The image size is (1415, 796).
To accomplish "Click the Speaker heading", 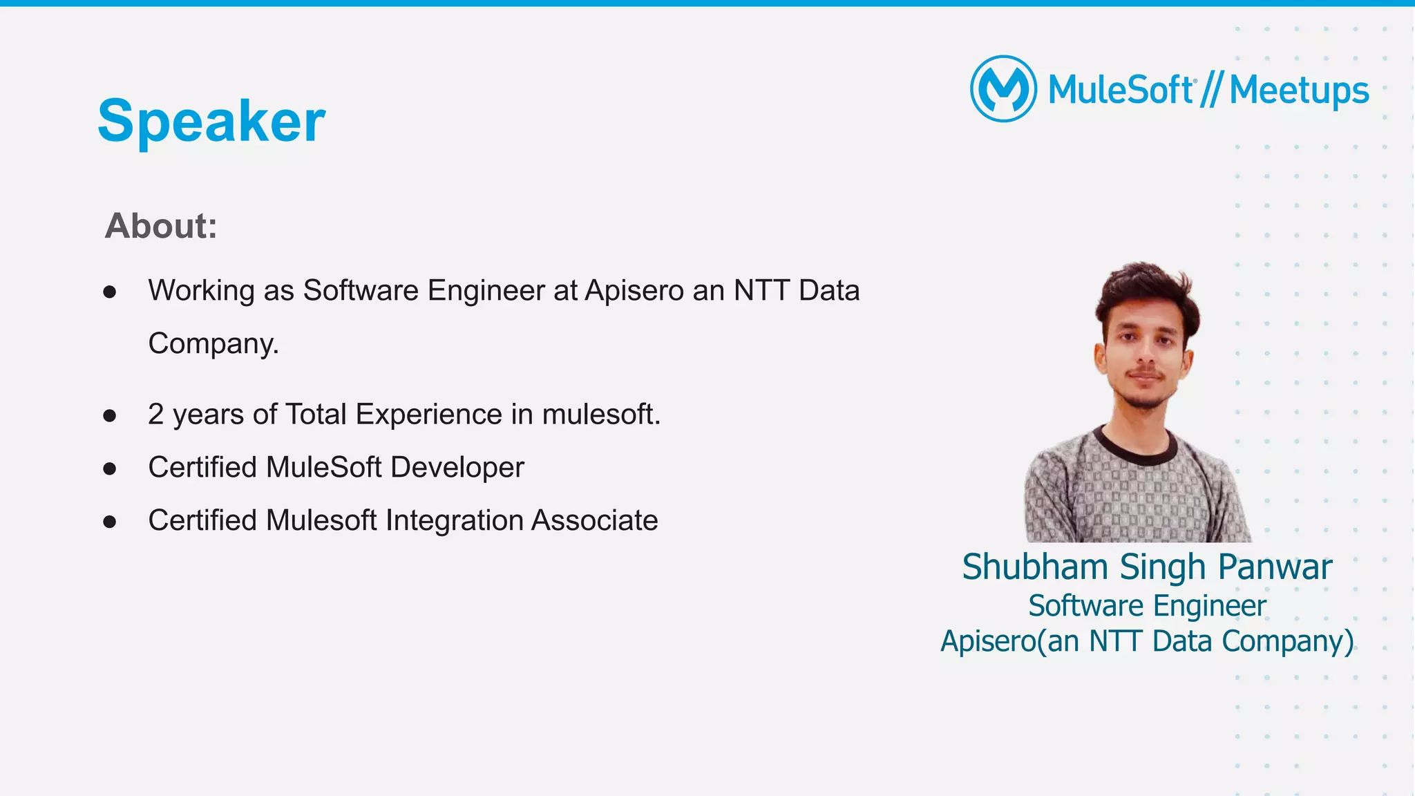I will pyautogui.click(x=211, y=121).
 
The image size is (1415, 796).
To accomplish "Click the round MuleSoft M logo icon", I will pyautogui.click(x=1003, y=89).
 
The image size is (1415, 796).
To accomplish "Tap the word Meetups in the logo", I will pyautogui.click(x=1299, y=91).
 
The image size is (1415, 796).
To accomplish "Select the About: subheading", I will pyautogui.click(x=161, y=226).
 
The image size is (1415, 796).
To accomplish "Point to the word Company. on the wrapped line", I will pyautogui.click(x=213, y=343).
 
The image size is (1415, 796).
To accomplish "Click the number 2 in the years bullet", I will pyautogui.click(x=156, y=415).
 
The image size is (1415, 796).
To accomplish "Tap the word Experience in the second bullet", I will pyautogui.click(x=429, y=415).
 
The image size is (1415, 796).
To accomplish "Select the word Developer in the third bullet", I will pyautogui.click(x=457, y=468).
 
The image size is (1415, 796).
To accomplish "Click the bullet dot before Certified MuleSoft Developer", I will pyautogui.click(x=110, y=469).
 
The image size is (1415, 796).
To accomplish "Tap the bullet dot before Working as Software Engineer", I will pyautogui.click(x=110, y=292).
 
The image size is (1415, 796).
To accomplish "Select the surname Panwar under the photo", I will pyautogui.click(x=1275, y=567).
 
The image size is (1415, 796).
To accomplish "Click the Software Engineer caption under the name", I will pyautogui.click(x=1147, y=606).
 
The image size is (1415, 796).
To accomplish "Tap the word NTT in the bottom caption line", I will pyautogui.click(x=1116, y=641).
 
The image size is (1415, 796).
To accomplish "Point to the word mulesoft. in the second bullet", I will pyautogui.click(x=601, y=415).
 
